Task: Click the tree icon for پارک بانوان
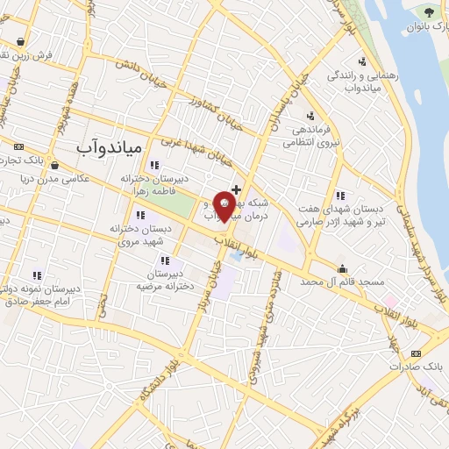pyautogui.click(x=429, y=11)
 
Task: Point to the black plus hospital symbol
pyautogui.click(x=236, y=189)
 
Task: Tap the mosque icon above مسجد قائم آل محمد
pyautogui.click(x=341, y=268)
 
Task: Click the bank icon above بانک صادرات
pyautogui.click(x=417, y=353)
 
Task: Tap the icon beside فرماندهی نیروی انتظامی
pyautogui.click(x=310, y=115)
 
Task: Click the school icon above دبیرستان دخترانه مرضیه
pyautogui.click(x=164, y=260)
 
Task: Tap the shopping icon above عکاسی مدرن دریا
pyautogui.click(x=55, y=164)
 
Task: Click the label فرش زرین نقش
pyautogui.click(x=28, y=55)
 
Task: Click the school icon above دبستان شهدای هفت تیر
pyautogui.click(x=339, y=196)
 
